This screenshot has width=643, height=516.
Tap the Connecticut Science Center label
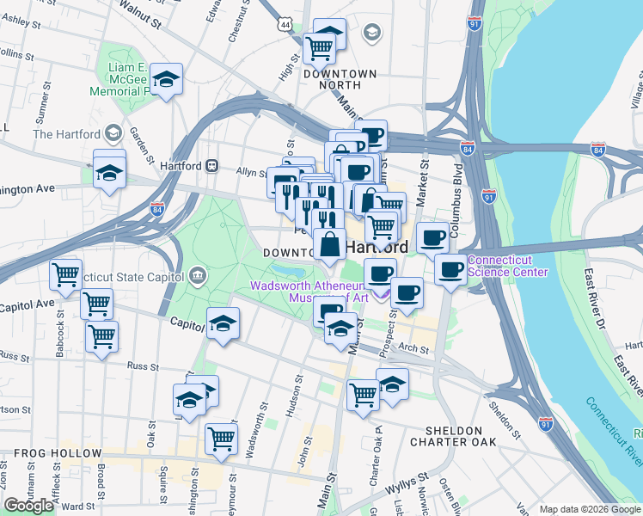(507, 266)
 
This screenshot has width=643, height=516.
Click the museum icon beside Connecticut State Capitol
(198, 275)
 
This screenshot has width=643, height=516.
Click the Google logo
(29, 506)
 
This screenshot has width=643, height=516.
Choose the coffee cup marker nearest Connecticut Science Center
(449, 270)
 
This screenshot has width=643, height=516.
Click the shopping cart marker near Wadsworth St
(221, 438)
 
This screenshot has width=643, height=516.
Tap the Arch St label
(413, 349)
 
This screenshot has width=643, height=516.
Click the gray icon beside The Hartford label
(113, 133)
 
